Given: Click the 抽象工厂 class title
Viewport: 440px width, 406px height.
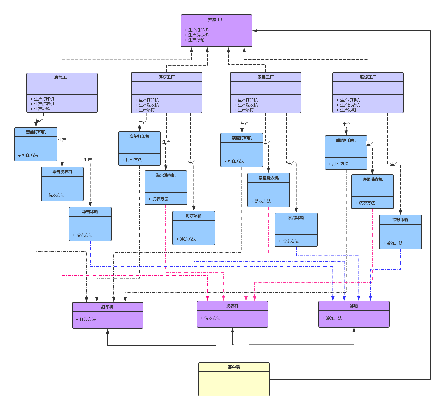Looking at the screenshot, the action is click(216, 19).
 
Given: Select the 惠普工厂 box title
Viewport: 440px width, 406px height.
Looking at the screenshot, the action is click(62, 78).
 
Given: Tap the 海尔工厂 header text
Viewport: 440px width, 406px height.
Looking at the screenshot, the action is click(167, 77).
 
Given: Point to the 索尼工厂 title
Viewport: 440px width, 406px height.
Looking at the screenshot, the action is click(265, 77).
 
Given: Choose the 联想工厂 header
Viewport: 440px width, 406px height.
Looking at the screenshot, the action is click(368, 77).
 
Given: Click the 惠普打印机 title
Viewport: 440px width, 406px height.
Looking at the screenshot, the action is click(36, 132).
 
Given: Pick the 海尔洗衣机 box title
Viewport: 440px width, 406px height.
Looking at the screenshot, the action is click(166, 176).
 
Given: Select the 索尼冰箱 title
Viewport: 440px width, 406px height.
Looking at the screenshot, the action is click(296, 218).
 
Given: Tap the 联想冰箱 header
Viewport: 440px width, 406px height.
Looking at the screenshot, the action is click(400, 220).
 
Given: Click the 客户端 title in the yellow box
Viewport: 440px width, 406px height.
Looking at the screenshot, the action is click(234, 367).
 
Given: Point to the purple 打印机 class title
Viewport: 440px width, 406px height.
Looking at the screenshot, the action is click(107, 307).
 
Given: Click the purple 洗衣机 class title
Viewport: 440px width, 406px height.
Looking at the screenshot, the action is click(232, 306).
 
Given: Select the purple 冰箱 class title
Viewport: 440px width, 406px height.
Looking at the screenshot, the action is click(354, 306).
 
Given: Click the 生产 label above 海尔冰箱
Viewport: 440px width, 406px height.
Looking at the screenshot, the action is click(192, 162).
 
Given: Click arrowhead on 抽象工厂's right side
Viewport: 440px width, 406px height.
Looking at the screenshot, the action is click(255, 31).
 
